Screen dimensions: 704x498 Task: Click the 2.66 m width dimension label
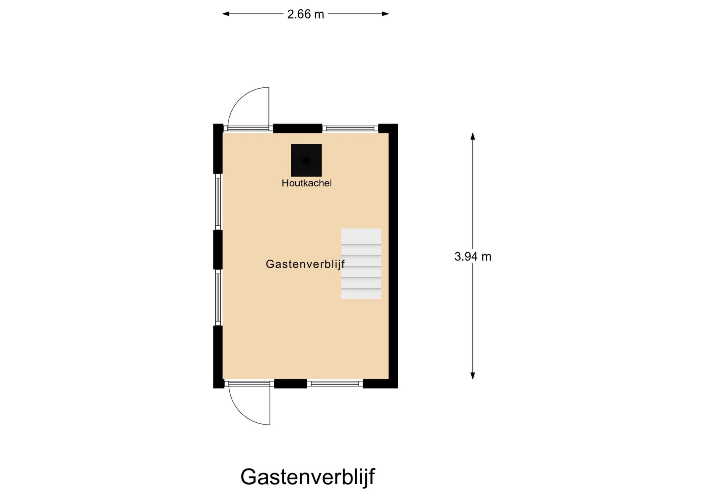[306, 14]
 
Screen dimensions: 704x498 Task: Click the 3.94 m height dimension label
[473, 256]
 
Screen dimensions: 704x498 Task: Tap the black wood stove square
[306, 160]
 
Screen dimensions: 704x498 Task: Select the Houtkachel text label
[307, 183]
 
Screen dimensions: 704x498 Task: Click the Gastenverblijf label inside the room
[305, 264]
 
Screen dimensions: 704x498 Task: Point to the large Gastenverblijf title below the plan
[307, 477]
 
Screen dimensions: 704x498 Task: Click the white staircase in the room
[361, 264]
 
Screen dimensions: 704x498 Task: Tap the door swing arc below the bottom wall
[244, 414]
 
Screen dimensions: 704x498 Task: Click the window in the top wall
[350, 128]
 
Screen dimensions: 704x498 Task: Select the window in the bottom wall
[335, 384]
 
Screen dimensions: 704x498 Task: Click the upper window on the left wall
[218, 202]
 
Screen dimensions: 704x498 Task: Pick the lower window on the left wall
[218, 298]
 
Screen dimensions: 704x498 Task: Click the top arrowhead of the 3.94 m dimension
[473, 136]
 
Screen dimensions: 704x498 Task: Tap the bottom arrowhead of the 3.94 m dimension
[473, 376]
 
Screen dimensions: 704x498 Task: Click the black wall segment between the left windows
[218, 250]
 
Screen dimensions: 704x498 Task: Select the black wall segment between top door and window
[298, 128]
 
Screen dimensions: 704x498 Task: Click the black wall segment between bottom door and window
[290, 384]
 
